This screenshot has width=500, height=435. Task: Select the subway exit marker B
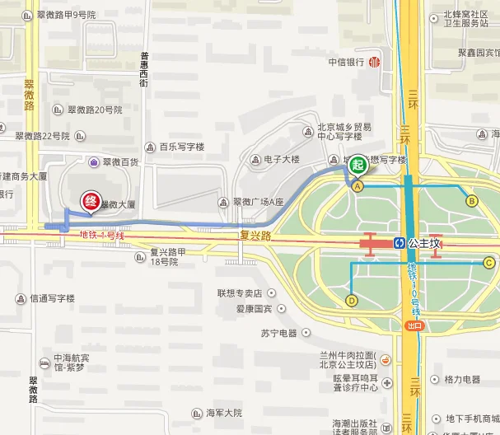click(x=472, y=200)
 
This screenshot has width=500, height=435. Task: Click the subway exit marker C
click(x=488, y=263)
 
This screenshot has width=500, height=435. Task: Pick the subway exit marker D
click(x=352, y=301)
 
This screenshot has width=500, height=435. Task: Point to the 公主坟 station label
click(x=425, y=243)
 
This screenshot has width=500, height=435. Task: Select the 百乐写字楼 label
click(x=181, y=147)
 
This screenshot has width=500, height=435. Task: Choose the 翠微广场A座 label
click(x=258, y=202)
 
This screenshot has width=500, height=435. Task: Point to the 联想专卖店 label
click(x=240, y=292)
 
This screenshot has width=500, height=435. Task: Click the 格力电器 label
click(x=461, y=380)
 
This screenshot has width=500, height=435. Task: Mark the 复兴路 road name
click(x=255, y=234)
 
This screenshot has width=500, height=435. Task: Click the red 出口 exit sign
click(x=414, y=325)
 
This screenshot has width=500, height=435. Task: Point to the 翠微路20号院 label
click(x=94, y=110)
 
